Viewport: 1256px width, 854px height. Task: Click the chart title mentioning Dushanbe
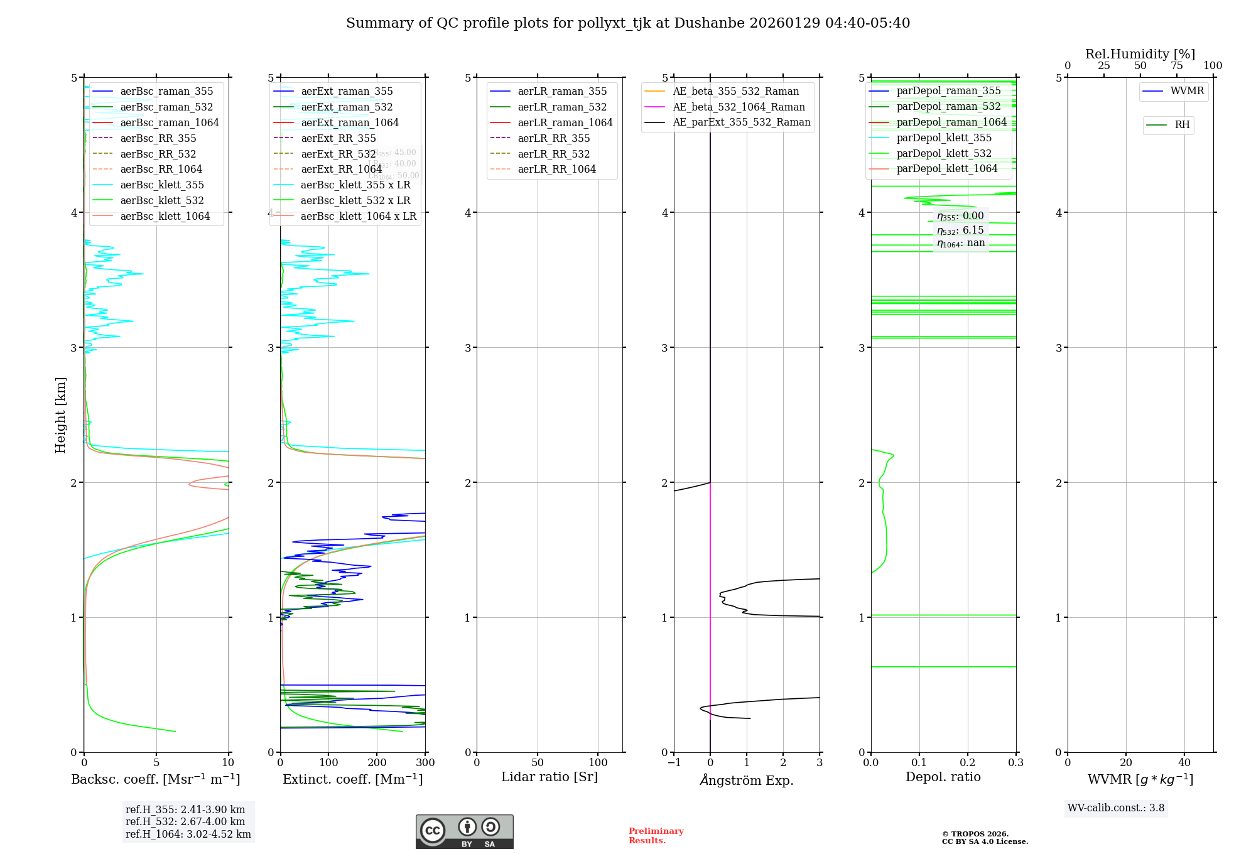628,23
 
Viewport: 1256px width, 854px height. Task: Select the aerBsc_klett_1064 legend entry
165,216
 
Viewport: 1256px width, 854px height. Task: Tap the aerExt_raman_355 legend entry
347,92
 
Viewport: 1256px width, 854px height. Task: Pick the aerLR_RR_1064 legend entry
556,170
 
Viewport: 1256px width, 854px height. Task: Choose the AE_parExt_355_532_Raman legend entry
741,122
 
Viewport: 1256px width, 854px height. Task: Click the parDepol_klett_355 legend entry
944,138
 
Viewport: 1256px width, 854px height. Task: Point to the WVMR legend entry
1187,91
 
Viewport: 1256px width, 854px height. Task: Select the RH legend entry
1182,125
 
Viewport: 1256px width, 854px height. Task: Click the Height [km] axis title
60,414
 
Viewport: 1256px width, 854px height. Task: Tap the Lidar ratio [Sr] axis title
549,777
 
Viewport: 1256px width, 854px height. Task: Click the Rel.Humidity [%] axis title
1140,54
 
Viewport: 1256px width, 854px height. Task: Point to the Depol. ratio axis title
943,777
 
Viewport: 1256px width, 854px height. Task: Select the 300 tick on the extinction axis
425,763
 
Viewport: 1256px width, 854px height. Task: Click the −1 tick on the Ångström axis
674,763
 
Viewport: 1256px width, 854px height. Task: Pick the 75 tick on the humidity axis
1176,66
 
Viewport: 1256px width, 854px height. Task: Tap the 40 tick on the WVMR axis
1184,763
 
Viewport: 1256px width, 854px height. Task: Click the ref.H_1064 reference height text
188,835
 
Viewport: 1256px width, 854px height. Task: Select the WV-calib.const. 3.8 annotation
1115,808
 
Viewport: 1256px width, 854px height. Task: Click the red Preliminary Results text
656,836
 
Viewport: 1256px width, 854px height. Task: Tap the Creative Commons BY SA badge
464,831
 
